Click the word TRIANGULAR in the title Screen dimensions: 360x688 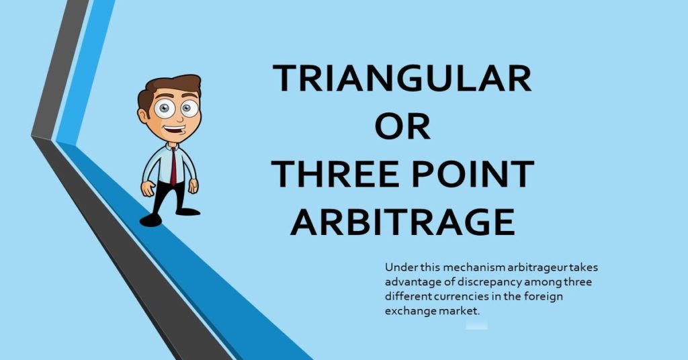[x=402, y=79]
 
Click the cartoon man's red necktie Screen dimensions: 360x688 [x=173, y=165]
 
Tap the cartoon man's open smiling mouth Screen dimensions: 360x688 [x=175, y=130]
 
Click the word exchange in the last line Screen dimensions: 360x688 [x=407, y=311]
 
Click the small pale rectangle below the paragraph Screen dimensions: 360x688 [x=476, y=325]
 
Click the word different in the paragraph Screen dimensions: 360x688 [x=407, y=296]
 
